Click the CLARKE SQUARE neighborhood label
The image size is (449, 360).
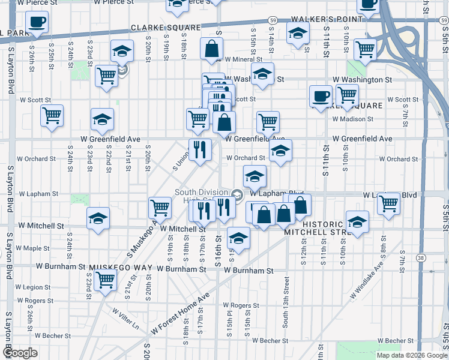click(x=166, y=28)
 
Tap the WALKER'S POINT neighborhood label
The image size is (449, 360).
click(x=328, y=19)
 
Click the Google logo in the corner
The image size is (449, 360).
click(x=20, y=353)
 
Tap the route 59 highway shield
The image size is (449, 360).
click(x=273, y=20)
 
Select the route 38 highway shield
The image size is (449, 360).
click(x=422, y=257)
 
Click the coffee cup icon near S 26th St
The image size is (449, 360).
click(x=37, y=22)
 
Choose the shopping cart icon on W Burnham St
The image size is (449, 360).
click(x=106, y=280)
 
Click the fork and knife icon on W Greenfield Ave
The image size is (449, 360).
click(x=200, y=149)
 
